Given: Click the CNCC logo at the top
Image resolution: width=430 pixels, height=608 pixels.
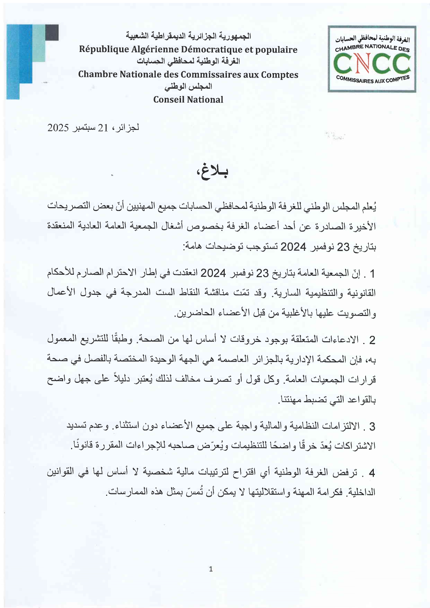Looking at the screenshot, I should [x=372, y=59].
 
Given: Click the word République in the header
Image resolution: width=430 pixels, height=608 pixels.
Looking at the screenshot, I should [x=99, y=50].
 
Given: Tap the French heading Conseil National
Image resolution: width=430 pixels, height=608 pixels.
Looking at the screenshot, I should [x=188, y=100].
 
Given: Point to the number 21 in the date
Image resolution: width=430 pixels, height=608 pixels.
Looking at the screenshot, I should [x=103, y=128].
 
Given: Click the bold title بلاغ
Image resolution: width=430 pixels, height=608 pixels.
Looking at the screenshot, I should [x=212, y=171].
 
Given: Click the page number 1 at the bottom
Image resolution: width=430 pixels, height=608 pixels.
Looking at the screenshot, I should [x=211, y=569].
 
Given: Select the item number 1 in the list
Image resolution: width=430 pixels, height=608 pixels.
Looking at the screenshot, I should [x=372, y=274].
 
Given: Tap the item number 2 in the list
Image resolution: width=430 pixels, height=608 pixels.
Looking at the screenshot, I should [x=372, y=340].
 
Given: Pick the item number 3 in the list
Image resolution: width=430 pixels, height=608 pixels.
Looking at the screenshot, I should [x=372, y=426].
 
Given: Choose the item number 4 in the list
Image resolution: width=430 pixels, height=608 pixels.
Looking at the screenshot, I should [x=372, y=473].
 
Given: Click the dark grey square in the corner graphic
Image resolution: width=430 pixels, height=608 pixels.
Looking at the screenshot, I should [x=52, y=32].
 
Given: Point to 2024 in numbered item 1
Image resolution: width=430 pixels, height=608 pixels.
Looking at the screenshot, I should [x=213, y=273].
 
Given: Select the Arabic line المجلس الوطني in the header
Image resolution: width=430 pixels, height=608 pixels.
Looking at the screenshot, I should [x=188, y=87].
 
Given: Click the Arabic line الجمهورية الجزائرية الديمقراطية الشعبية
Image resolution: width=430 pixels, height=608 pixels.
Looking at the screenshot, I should [x=188, y=36].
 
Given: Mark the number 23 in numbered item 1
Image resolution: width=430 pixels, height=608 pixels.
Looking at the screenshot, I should [x=262, y=274].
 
